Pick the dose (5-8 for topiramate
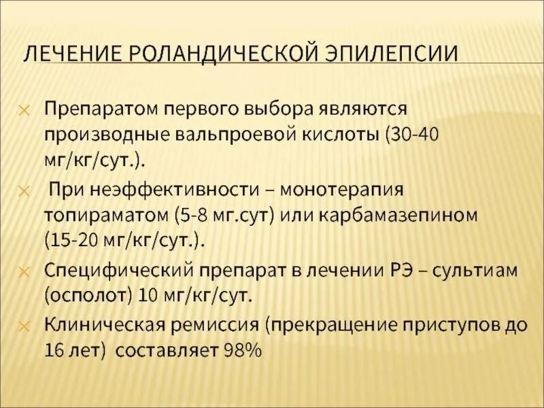[x=192, y=216]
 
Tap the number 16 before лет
[x=55, y=352]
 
